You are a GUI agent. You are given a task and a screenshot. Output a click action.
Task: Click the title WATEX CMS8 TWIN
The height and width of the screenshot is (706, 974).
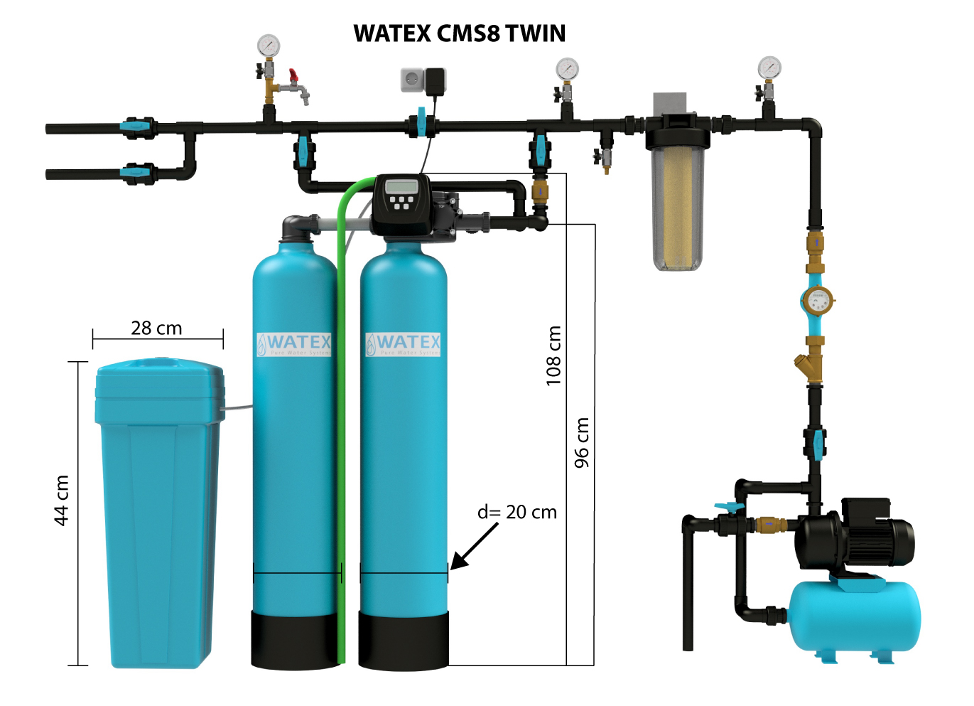[459, 33]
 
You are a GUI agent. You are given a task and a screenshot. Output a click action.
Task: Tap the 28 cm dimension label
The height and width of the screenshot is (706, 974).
[156, 328]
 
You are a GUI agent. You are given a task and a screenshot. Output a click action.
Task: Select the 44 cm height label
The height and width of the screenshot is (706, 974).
[62, 500]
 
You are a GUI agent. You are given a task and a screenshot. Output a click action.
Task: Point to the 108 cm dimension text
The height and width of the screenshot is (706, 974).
[553, 355]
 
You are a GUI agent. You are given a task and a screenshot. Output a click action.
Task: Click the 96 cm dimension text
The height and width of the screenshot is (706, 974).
[582, 442]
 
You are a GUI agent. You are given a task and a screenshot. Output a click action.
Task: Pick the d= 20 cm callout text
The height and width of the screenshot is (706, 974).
[516, 512]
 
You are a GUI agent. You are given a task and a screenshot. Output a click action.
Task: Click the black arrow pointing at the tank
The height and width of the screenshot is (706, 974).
[474, 547]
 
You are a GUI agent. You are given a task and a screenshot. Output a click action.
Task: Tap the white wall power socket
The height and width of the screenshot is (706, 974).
[412, 80]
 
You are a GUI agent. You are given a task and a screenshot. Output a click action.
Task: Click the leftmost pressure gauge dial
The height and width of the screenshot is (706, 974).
[269, 46]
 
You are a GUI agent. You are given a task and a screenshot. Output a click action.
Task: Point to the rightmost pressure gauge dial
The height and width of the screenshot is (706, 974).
[769, 68]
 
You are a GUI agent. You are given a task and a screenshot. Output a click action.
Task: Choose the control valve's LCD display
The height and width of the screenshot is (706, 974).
[401, 187]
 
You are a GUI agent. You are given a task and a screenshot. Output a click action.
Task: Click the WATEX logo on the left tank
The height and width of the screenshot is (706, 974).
[294, 344]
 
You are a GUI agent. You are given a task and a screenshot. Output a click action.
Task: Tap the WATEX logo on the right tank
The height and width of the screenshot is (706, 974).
[403, 344]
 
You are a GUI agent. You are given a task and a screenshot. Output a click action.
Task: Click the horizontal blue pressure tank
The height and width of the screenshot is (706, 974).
[855, 615]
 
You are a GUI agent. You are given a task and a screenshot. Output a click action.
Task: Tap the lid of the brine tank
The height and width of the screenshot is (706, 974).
[160, 377]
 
